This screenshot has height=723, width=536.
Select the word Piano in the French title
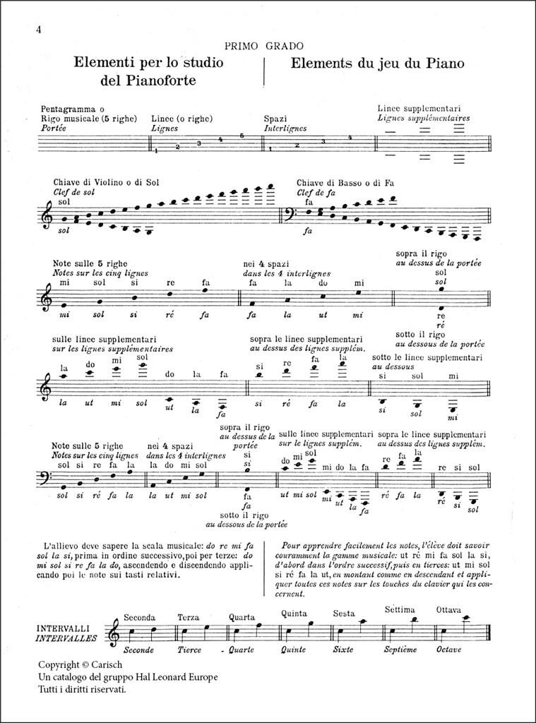442,63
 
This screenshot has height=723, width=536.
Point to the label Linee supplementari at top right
424,108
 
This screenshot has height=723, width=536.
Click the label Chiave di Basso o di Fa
345,182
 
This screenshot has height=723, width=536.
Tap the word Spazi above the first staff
275,119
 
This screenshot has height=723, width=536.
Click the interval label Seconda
139,617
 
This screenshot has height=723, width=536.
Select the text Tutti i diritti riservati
83,689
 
